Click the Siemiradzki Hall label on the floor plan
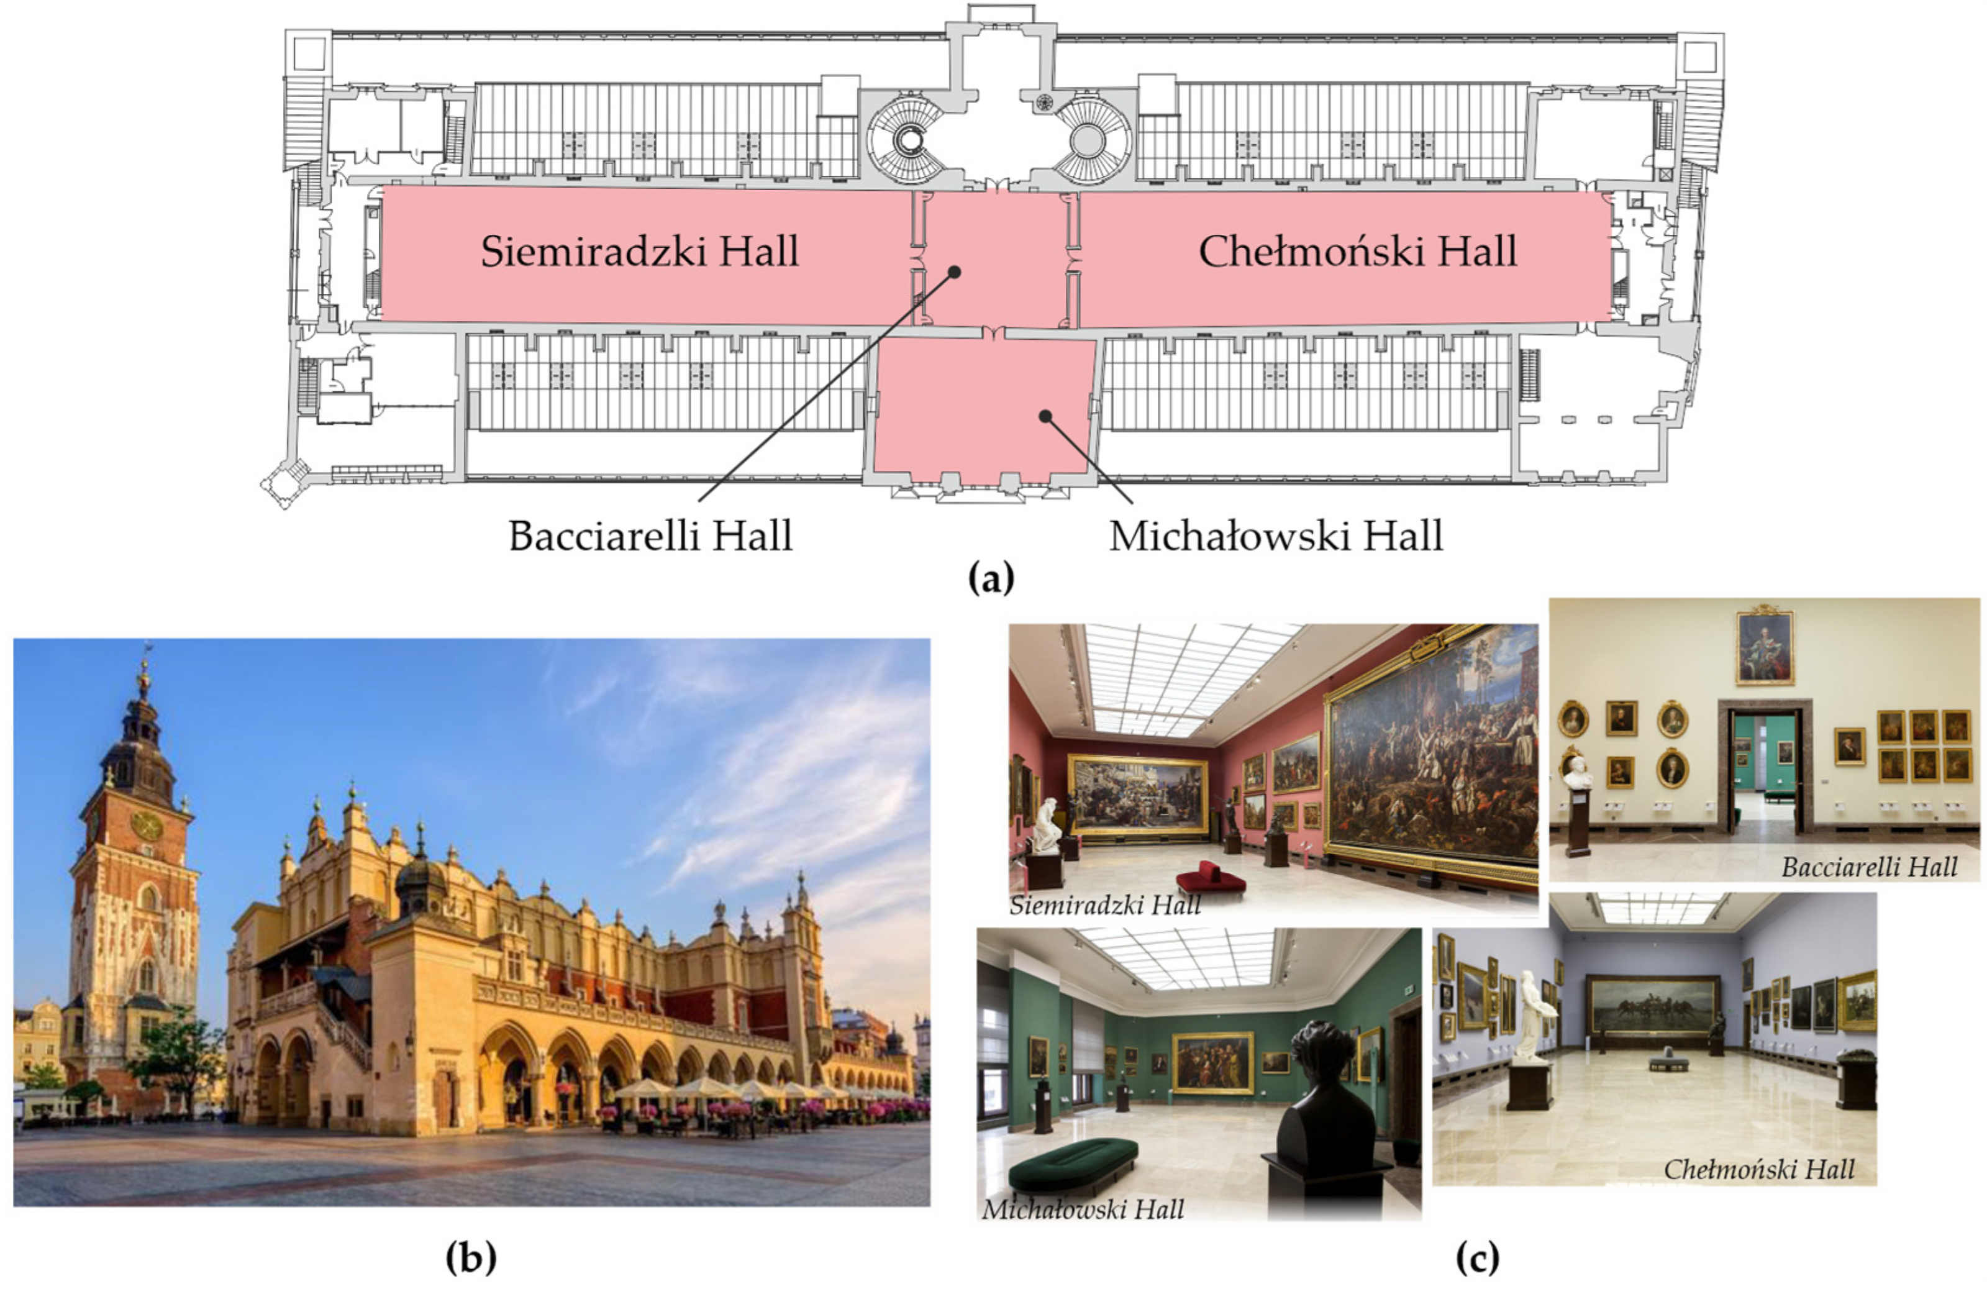(x=640, y=252)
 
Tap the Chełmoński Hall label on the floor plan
(x=1358, y=252)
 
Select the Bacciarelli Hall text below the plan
(x=650, y=536)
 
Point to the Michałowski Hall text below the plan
(x=1276, y=536)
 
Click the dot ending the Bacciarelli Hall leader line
(x=955, y=272)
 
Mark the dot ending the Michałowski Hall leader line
(x=1044, y=416)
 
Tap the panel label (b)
(x=471, y=1257)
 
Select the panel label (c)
(x=1477, y=1257)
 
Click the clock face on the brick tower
(x=148, y=825)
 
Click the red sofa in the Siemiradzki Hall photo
(x=1211, y=880)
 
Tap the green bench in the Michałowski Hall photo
(x=1073, y=1163)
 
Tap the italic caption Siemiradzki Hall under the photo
(x=1104, y=906)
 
